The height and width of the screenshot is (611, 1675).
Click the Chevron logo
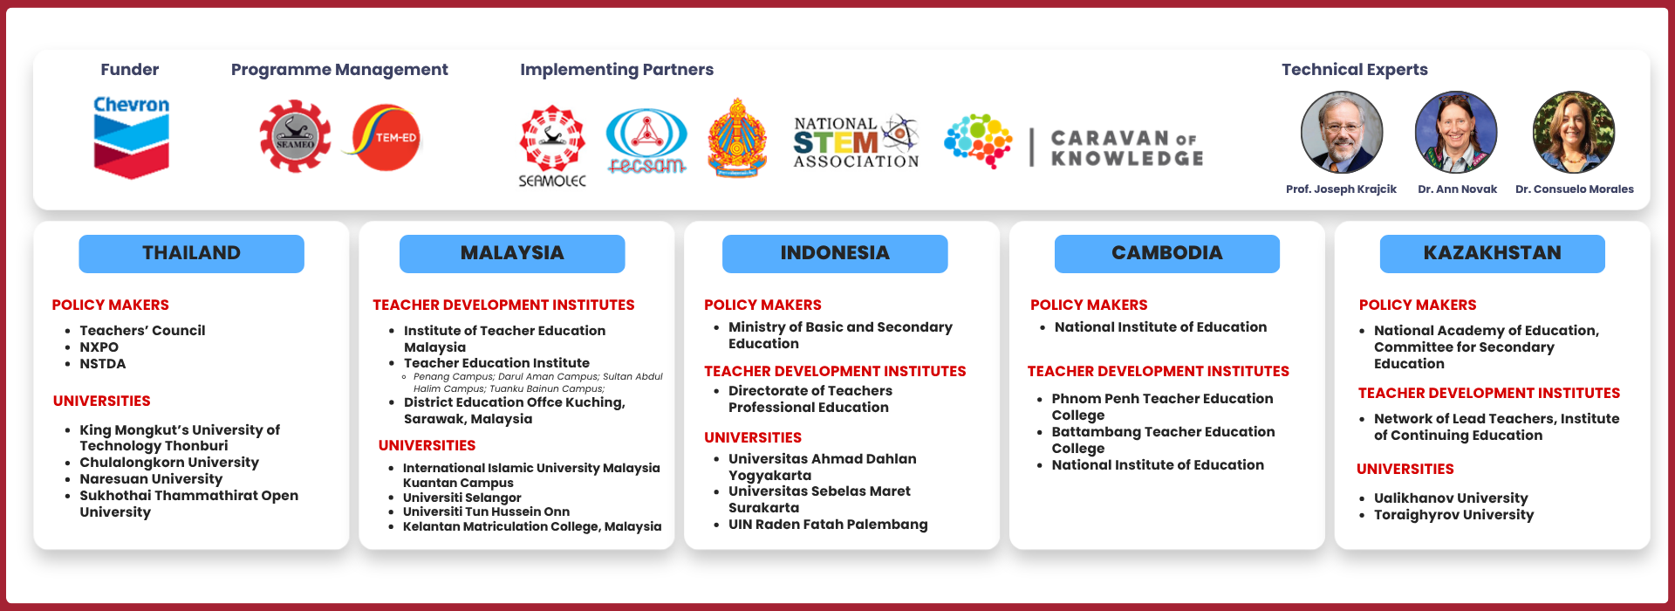(x=132, y=137)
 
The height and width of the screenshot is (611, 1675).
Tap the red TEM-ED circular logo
(x=386, y=138)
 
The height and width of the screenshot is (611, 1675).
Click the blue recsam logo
(x=646, y=141)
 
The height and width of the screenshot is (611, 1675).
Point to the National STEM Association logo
(x=857, y=141)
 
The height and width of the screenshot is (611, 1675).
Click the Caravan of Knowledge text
(x=1127, y=148)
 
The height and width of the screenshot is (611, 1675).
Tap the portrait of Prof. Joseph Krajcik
(x=1342, y=133)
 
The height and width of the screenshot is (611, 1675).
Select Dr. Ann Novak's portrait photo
(x=1456, y=133)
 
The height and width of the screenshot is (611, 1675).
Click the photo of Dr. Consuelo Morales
(x=1574, y=133)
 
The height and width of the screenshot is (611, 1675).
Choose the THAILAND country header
(x=191, y=253)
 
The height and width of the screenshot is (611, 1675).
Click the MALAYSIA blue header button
(x=512, y=253)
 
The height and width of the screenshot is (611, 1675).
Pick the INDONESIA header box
(x=835, y=253)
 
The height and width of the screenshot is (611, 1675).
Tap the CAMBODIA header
(x=1167, y=253)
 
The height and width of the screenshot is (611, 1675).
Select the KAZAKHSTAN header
(x=1493, y=253)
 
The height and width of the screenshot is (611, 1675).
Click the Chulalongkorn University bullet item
(x=169, y=463)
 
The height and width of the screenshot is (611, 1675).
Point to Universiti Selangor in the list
(x=461, y=498)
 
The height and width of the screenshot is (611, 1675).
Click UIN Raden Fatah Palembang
(x=828, y=525)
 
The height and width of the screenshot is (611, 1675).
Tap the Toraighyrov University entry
(x=1453, y=515)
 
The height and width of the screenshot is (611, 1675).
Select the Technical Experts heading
(x=1355, y=70)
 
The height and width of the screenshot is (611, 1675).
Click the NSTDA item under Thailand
(x=103, y=364)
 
